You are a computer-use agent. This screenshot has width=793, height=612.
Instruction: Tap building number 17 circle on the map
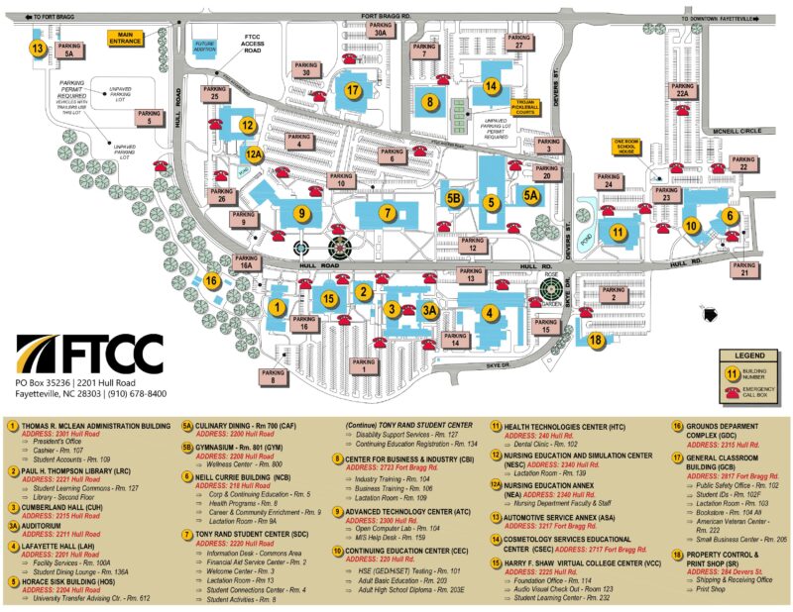353,90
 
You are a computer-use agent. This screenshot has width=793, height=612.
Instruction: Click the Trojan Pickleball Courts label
525,105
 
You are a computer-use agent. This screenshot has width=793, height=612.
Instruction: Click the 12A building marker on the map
255,153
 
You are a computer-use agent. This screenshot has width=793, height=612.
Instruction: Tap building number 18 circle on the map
595,340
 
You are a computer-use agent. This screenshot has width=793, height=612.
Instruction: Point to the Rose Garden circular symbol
552,292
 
